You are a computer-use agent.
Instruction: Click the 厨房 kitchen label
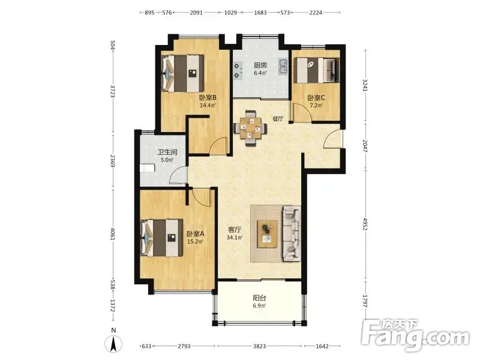(x=260, y=65)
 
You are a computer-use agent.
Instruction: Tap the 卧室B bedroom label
(x=208, y=98)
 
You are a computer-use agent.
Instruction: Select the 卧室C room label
(x=316, y=98)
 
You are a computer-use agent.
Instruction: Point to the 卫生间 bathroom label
(x=167, y=152)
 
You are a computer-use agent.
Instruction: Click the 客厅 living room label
(x=235, y=230)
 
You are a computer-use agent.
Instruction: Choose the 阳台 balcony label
(x=259, y=298)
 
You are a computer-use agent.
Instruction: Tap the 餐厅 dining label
(x=278, y=119)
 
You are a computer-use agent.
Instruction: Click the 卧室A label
(x=196, y=234)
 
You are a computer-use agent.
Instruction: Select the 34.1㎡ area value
(x=235, y=238)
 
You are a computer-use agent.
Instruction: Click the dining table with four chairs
(x=250, y=128)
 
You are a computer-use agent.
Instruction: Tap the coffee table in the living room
(x=267, y=234)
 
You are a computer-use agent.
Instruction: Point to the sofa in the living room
(x=292, y=233)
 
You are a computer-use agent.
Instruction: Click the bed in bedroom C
(x=317, y=70)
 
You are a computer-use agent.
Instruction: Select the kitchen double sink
(x=283, y=67)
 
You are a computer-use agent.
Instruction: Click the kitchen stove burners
(x=237, y=70)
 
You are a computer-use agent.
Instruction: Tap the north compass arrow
(x=113, y=343)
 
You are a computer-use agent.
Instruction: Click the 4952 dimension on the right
(x=365, y=224)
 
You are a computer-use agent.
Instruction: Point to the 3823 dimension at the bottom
(x=259, y=346)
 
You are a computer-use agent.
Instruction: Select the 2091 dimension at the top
(x=196, y=13)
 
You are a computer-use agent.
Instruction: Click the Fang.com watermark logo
(x=415, y=336)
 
